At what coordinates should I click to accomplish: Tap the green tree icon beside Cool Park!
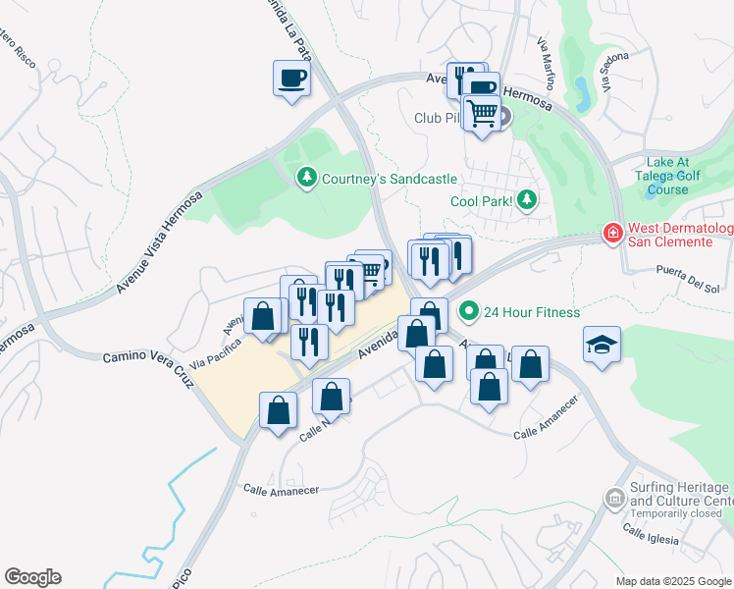point(528,200)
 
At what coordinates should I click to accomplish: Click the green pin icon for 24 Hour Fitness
point(469,312)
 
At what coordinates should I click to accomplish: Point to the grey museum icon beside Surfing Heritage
point(615,499)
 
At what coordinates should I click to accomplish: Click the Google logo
point(32,577)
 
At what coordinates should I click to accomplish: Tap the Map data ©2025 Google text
point(672,581)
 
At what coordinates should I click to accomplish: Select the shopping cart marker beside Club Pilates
point(482,114)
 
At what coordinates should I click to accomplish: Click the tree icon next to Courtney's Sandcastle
point(307,178)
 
